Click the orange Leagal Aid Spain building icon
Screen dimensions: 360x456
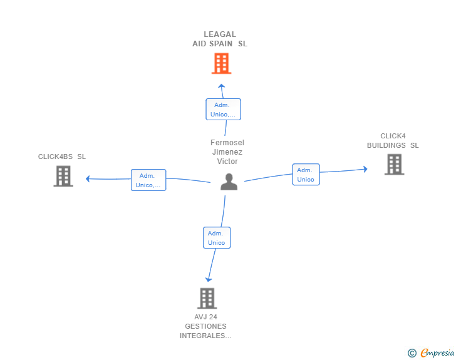coord(221,63)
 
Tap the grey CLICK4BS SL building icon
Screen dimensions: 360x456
coord(63,176)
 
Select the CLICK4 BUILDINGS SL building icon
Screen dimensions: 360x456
coord(394,164)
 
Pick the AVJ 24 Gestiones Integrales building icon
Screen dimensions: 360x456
coord(207,298)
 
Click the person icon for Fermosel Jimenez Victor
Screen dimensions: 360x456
coord(229,182)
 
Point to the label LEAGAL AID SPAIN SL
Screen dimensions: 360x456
coord(220,39)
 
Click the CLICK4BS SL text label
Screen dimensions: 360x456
coord(62,157)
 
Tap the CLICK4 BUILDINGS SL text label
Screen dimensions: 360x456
coord(393,141)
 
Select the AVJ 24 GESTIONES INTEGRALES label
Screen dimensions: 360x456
coord(205,326)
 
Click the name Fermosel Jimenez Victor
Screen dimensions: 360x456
coord(227,152)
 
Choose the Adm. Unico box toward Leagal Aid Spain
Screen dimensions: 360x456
coord(223,110)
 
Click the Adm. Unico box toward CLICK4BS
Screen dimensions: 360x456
coord(148,180)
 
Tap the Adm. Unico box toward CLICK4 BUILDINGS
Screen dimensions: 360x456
coord(306,175)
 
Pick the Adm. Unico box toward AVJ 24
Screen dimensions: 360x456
coord(217,238)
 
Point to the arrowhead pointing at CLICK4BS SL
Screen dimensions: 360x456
coord(88,179)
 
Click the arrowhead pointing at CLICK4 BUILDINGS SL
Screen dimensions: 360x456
coord(365,169)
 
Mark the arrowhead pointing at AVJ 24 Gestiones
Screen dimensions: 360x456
coord(209,279)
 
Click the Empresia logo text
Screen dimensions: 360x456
coord(437,352)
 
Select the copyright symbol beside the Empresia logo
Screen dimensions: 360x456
coord(412,353)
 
